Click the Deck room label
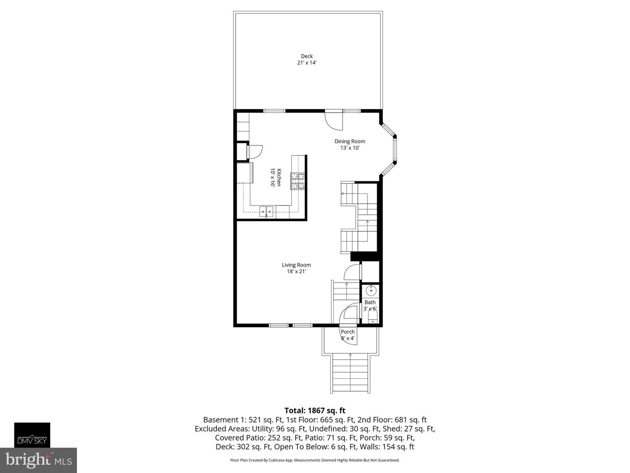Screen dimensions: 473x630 pos(307,56)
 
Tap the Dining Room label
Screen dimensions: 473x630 pos(350,141)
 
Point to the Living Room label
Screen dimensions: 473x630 pos(296,265)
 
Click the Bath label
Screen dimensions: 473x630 pos(370,302)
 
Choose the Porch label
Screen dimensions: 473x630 pos(348,332)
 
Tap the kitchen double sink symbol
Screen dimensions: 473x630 pos(266,211)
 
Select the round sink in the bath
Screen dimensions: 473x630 pos(371,290)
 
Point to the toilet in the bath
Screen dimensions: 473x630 pos(372,316)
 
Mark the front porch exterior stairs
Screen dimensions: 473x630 pos(350,373)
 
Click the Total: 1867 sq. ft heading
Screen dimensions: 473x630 pos(315,410)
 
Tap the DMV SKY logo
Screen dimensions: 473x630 pos(32,435)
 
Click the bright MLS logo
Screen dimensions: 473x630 pos(38,460)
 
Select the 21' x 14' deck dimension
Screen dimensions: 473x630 pos(307,63)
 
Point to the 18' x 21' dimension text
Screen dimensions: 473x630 pos(296,272)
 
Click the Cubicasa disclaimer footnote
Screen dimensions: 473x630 pos(315,460)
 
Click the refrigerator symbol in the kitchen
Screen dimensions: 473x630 pos(245,173)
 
